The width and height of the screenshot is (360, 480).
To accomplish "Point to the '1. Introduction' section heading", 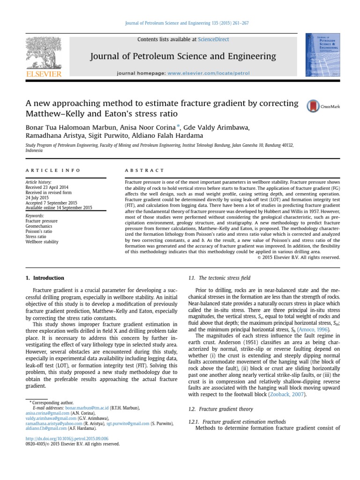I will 45,278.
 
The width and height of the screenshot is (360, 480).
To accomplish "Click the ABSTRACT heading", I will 145,170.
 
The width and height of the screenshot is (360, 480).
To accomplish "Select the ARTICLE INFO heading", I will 52,170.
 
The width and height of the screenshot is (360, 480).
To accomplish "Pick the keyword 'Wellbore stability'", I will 42,242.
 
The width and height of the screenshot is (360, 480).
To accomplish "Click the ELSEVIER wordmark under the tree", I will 44,74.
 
